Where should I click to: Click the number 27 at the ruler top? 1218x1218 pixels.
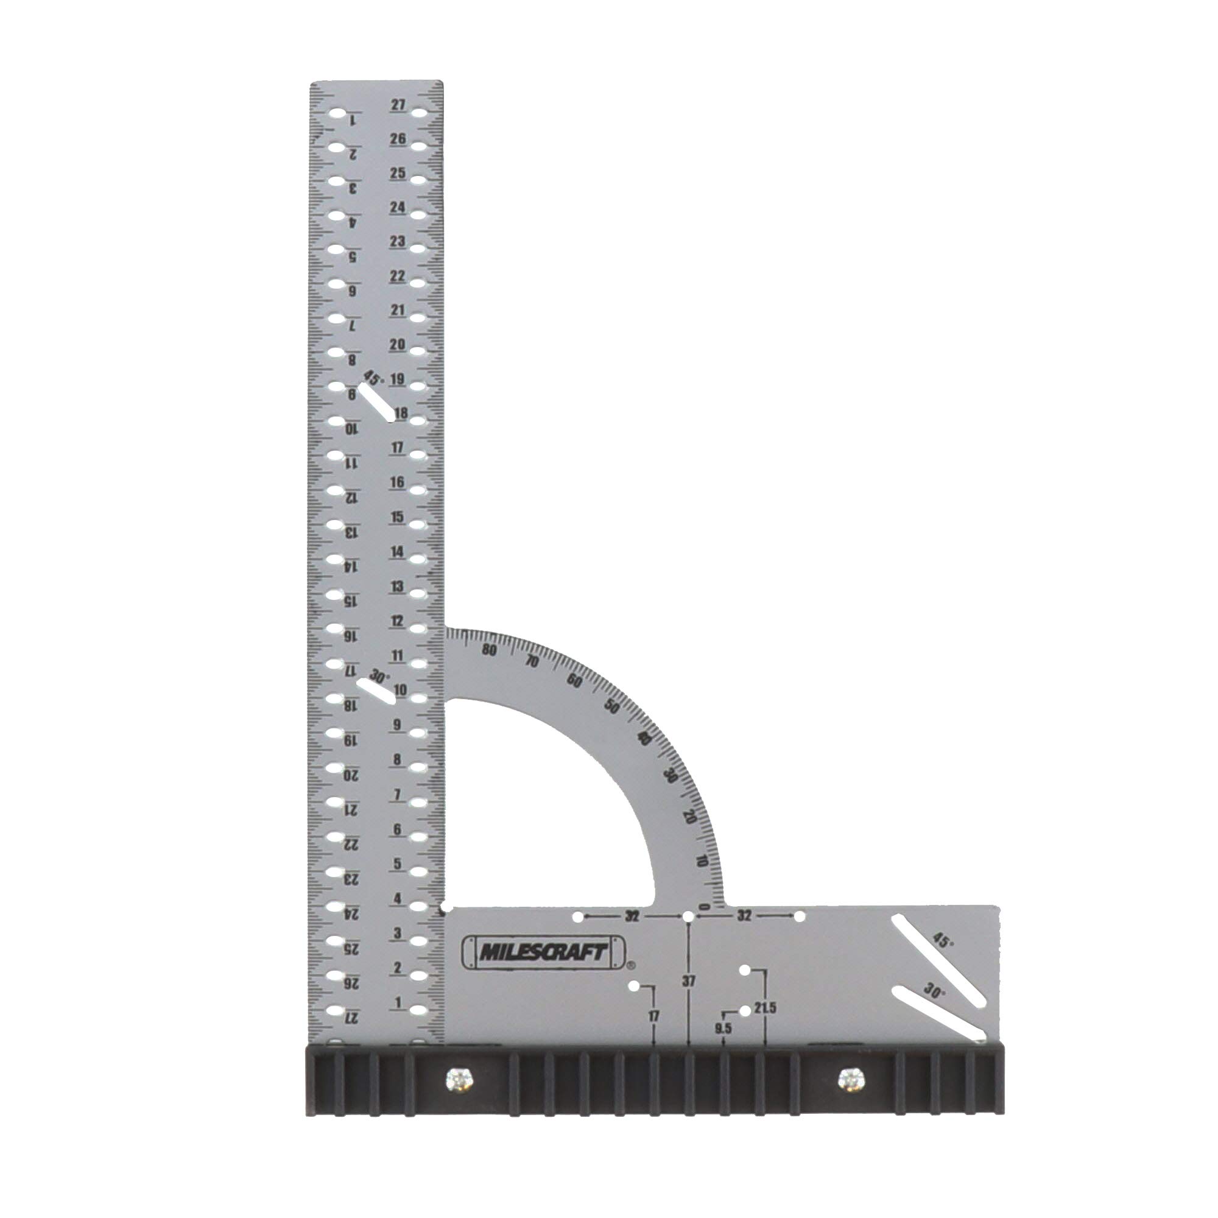pos(398,105)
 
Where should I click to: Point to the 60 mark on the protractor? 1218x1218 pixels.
pos(574,680)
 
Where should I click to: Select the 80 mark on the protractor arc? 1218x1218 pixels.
pos(488,650)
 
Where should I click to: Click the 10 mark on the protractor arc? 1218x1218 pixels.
pos(702,861)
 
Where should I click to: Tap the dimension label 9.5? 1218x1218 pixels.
pos(722,1029)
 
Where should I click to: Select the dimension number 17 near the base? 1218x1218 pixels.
pos(653,1016)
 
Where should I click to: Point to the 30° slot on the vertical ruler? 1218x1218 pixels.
pos(376,692)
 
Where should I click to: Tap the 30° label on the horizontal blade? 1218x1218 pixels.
pos(934,990)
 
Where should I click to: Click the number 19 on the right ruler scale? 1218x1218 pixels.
pos(397,379)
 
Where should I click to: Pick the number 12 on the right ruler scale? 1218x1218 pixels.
pos(396,621)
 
